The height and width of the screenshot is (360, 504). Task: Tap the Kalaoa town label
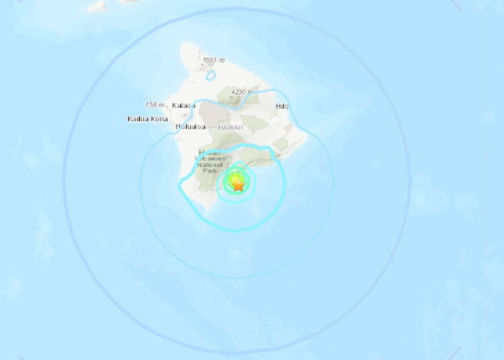[183, 105]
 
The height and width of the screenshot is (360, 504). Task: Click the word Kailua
[136, 119]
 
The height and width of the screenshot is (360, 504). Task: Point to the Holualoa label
[188, 126]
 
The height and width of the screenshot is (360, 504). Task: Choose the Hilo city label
[282, 106]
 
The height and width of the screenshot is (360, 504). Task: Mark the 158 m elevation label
[155, 105]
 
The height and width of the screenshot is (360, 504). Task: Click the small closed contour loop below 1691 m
[211, 75]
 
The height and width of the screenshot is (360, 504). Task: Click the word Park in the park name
[208, 171]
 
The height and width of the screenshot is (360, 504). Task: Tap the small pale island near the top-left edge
[97, 6]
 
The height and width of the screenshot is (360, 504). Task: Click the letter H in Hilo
[278, 106]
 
